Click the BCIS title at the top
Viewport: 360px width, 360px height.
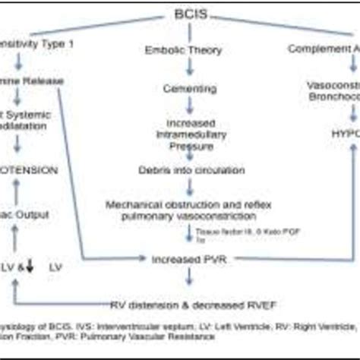(x=180, y=15)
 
